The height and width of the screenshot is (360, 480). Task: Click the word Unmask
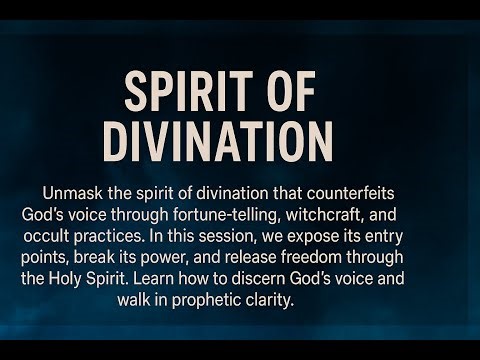tap(73, 191)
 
